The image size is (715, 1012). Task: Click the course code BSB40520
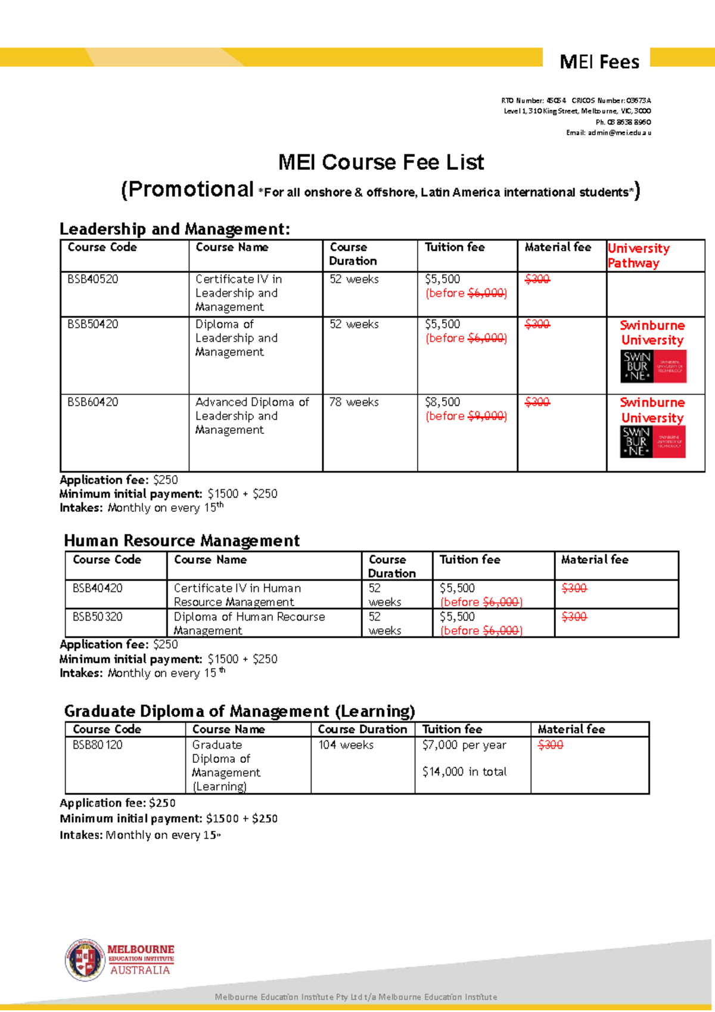pyautogui.click(x=93, y=279)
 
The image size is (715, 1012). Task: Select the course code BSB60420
pyautogui.click(x=93, y=402)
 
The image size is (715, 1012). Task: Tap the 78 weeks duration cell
pyautogui.click(x=354, y=402)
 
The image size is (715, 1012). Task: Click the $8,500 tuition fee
pyautogui.click(x=443, y=402)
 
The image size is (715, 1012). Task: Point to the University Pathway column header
pyautogui.click(x=638, y=256)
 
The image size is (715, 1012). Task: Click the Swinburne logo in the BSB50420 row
pyautogui.click(x=654, y=366)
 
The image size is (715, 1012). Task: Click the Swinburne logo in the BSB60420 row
pyautogui.click(x=654, y=442)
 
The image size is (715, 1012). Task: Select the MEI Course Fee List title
pyautogui.click(x=381, y=162)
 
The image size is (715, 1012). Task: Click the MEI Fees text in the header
pyautogui.click(x=599, y=62)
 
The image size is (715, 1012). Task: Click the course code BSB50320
pyautogui.click(x=98, y=617)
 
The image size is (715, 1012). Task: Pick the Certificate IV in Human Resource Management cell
pyautogui.click(x=237, y=595)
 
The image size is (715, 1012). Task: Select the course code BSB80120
pyautogui.click(x=98, y=745)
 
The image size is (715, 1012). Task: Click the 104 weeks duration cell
pyautogui.click(x=346, y=745)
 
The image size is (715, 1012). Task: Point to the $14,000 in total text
pyautogui.click(x=464, y=772)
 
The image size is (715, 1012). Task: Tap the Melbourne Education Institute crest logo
pyautogui.click(x=85, y=960)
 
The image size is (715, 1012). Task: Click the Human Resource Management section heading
pyautogui.click(x=182, y=541)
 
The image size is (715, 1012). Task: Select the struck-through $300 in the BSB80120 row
pyautogui.click(x=551, y=745)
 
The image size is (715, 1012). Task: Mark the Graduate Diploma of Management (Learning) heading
pyautogui.click(x=240, y=711)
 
